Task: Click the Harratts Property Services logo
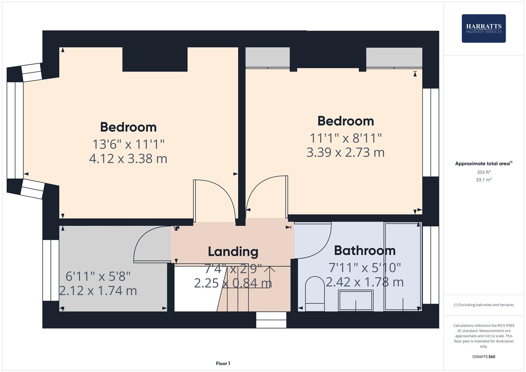pos(483,28)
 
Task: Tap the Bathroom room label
pos(364,250)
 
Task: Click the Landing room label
pos(233,251)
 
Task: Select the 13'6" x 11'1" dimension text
pos(128,144)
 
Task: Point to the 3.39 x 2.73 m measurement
pos(345,152)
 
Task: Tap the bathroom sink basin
pos(355,300)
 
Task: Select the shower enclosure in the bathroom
pos(402,267)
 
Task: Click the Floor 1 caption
pos(223,363)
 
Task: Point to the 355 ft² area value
pos(484,172)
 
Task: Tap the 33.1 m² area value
pos(484,180)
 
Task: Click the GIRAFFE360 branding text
pos(484,356)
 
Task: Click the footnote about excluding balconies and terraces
pos(484,305)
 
